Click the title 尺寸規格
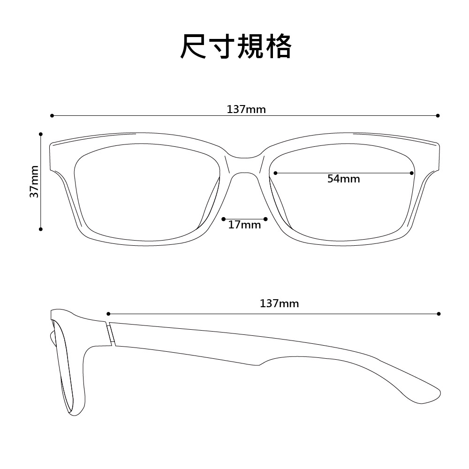pyautogui.click(x=236, y=46)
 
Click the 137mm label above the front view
pyautogui.click(x=246, y=110)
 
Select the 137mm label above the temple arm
pyautogui.click(x=279, y=304)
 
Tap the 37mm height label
pyautogui.click(x=34, y=181)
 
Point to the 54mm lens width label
pyautogui.click(x=343, y=179)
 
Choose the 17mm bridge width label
pyautogui.click(x=244, y=225)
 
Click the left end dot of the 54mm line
pyautogui.click(x=275, y=173)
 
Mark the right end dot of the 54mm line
pyautogui.click(x=411, y=173)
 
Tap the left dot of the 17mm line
pyautogui.click(x=224, y=219)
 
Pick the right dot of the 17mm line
pyautogui.click(x=265, y=219)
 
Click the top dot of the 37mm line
pyautogui.click(x=41, y=134)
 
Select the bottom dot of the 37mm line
pyautogui.click(x=41, y=229)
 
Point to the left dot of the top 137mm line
pyautogui.click(x=52, y=115)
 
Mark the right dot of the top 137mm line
pyautogui.click(x=438, y=115)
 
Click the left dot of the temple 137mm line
pyautogui.click(x=108, y=313)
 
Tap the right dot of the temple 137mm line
pyautogui.click(x=439, y=313)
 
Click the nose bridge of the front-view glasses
pyautogui.click(x=244, y=164)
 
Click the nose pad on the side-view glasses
pyautogui.click(x=51, y=336)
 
